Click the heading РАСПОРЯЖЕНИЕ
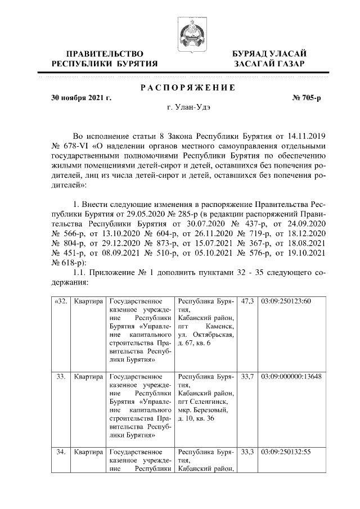187,87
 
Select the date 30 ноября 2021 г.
80,98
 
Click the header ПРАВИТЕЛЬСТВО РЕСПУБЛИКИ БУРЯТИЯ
105,58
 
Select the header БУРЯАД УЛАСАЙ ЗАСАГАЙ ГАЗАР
270,58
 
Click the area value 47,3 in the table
246,302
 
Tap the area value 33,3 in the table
246,451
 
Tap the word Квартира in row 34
88,451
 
